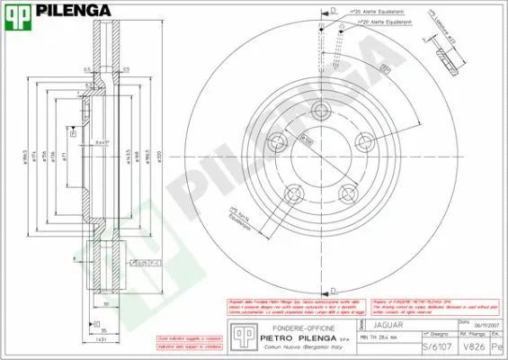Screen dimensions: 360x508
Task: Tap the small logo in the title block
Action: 241,336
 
